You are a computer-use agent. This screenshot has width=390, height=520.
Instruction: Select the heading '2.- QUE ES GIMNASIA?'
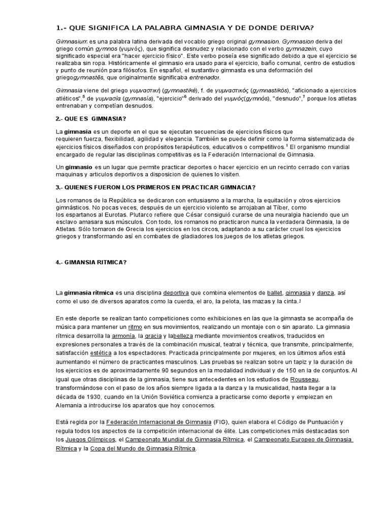coord(90,118)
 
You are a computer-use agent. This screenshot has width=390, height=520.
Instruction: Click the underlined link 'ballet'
coord(274,293)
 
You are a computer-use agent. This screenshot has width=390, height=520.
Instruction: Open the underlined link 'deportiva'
coord(178,293)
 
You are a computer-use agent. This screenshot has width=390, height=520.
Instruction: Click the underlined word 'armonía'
coord(123,336)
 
